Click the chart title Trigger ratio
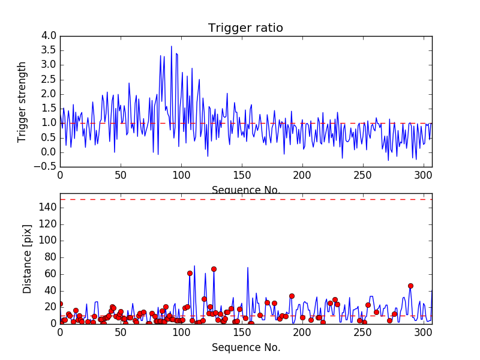pos(245,28)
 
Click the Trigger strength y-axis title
pos(22,101)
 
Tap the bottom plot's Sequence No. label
pos(246,347)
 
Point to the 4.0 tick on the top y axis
pos(49,36)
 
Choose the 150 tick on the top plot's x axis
pos(242,176)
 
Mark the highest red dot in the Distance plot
pos(214,269)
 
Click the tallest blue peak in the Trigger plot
pos(172,46)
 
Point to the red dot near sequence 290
pos(410,286)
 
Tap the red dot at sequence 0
pos(60,304)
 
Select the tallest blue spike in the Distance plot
pos(194,266)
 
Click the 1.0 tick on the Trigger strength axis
pos(49,123)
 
